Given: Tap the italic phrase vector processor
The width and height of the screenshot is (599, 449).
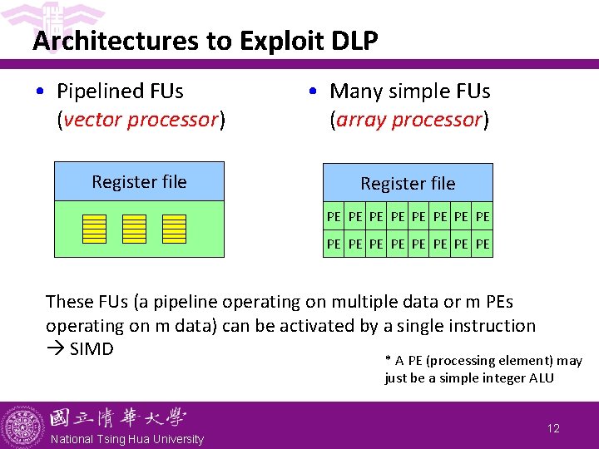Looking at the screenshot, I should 140,119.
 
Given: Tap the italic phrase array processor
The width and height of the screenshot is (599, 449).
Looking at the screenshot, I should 408,119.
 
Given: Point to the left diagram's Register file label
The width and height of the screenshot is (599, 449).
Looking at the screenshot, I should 139,182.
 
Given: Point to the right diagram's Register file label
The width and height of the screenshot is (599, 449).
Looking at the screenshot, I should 408,183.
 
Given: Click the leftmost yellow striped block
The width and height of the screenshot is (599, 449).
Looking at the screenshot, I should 94,229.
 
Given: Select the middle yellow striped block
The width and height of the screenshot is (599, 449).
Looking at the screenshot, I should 134,229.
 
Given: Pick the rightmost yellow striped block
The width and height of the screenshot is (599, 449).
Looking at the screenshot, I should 174,229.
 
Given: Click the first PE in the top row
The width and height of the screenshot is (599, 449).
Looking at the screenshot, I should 334,217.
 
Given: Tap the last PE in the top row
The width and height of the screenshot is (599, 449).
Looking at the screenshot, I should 483,217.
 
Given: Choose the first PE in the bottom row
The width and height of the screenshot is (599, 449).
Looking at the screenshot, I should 334,245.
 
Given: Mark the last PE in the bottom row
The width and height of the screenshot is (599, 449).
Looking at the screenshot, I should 483,245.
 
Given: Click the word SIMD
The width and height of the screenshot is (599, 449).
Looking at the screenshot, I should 92,348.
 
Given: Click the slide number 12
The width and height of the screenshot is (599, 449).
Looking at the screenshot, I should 553,428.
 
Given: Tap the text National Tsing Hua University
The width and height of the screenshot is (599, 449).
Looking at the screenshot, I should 127,439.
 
